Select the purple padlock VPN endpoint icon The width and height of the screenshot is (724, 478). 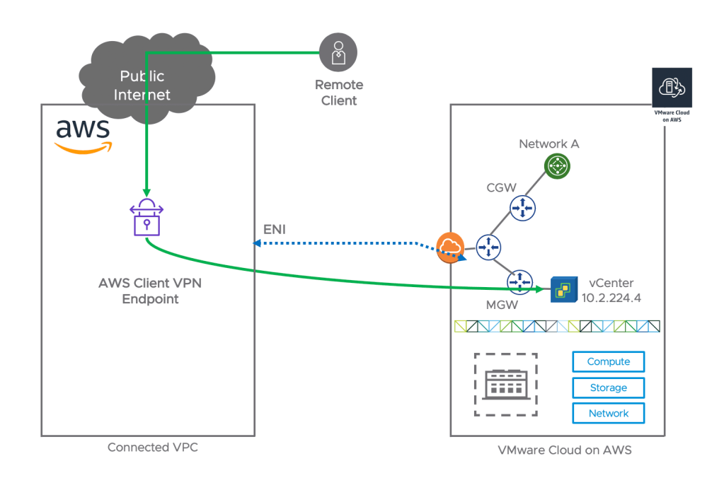(x=146, y=216)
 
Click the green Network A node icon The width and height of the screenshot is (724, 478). (x=558, y=167)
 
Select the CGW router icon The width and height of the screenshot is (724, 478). (x=522, y=207)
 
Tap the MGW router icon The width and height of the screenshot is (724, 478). (x=519, y=281)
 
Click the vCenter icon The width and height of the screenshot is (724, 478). (x=563, y=288)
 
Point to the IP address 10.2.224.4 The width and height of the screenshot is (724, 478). (x=611, y=298)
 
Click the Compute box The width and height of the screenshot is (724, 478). (x=608, y=362)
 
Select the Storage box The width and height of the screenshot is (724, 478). (x=608, y=387)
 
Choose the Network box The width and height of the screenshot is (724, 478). (x=608, y=413)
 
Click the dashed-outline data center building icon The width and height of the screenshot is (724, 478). (x=505, y=385)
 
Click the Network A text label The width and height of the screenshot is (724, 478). (x=548, y=144)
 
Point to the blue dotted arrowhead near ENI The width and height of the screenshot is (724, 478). (x=258, y=243)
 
